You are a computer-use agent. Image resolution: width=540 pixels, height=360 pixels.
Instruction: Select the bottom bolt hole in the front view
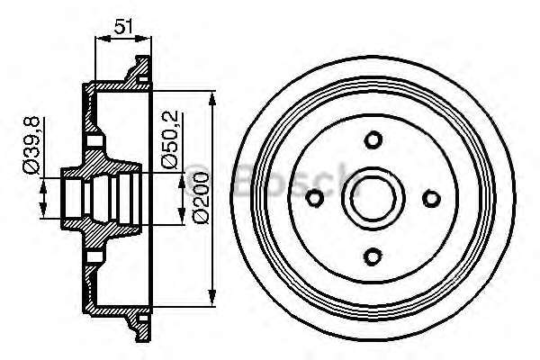373,256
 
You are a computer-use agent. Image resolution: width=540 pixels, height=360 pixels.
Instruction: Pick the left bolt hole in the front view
315,198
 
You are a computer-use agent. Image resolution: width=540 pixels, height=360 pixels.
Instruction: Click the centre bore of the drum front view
373,198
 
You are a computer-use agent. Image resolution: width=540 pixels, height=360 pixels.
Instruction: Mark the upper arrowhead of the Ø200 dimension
212,95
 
